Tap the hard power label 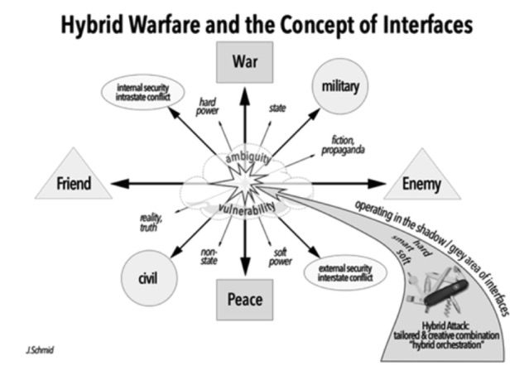[206, 107]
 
